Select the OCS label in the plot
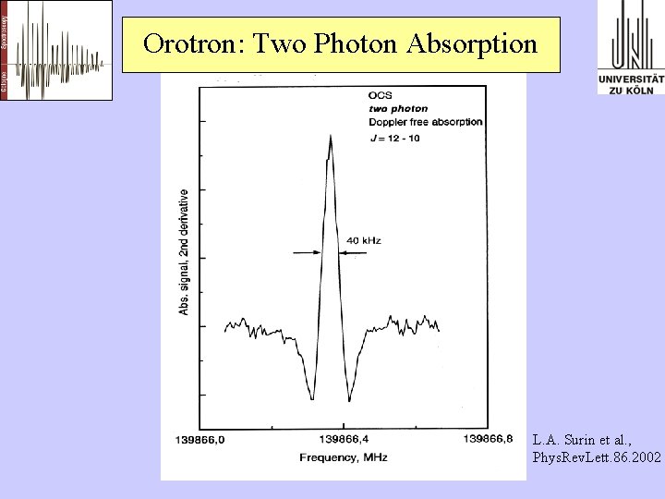380,94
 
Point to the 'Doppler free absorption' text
425,122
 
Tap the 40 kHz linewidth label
363,240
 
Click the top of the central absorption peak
331,136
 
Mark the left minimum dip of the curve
312,399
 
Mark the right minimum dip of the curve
348,401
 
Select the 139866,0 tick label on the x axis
199,439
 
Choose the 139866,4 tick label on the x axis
342,439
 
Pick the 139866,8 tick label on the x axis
488,439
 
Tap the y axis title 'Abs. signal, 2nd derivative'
184,251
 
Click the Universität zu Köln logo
631,47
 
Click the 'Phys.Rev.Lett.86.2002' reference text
597,457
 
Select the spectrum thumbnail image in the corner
57,50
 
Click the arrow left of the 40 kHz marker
306,250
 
